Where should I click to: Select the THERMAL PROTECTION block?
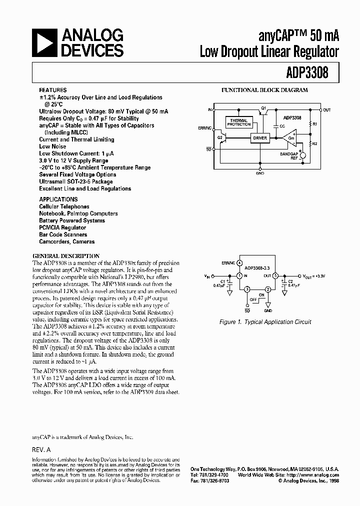239,122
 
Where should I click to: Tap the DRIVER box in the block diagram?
260,137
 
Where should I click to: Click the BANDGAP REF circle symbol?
301,155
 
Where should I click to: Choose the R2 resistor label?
314,143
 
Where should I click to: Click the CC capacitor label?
282,126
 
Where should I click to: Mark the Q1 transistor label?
263,107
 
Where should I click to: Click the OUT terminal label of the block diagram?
327,110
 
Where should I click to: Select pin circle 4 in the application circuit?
240,262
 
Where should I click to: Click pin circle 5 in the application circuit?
274,275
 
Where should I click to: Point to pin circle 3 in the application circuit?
246,289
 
